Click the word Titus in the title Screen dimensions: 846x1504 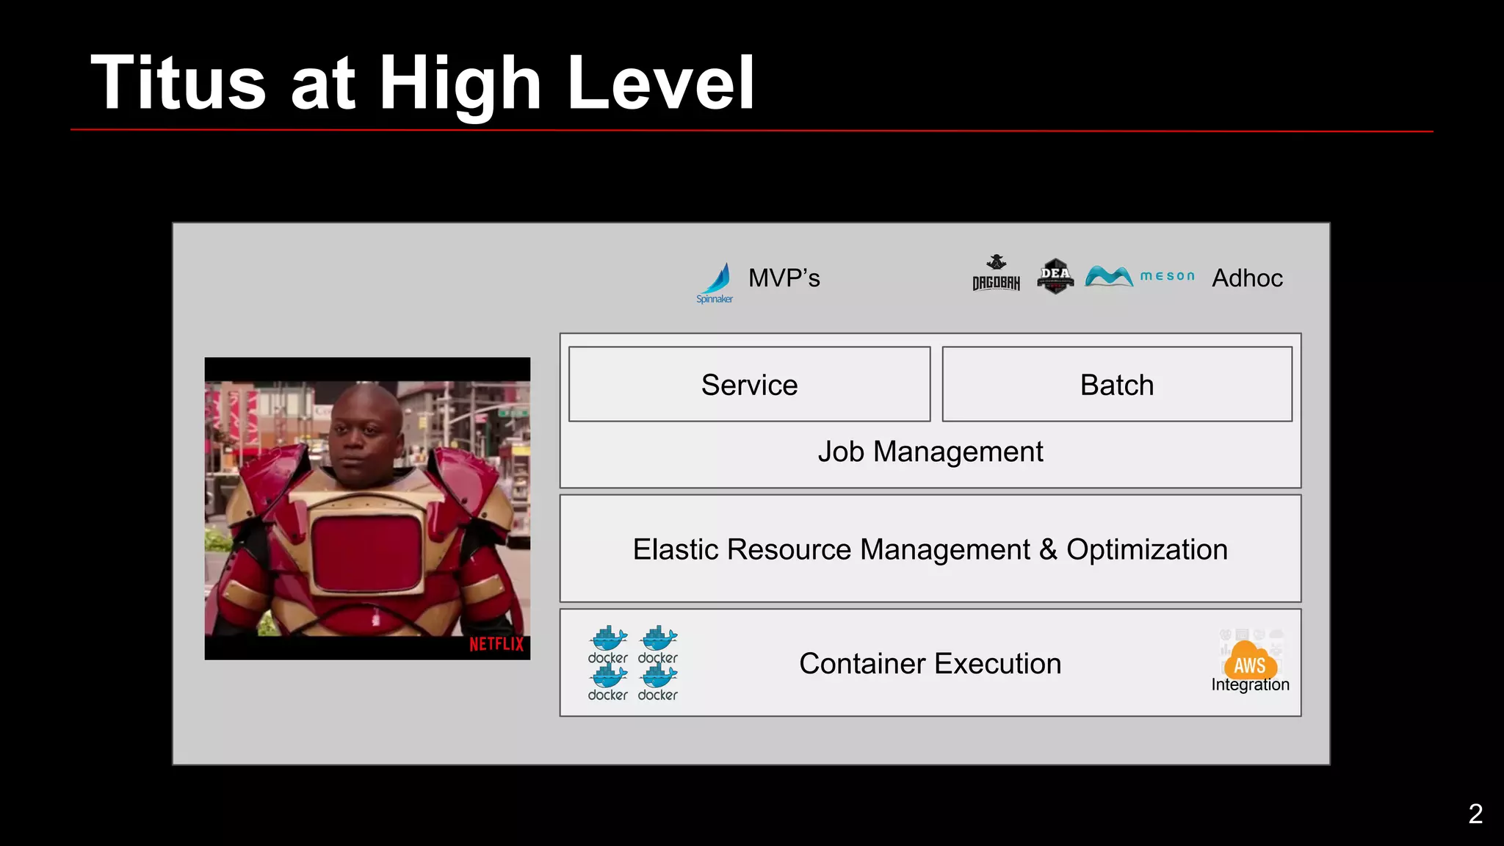(178, 83)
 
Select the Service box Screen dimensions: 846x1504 (749, 384)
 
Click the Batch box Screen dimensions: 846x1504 (1116, 384)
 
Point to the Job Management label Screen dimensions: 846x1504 (930, 452)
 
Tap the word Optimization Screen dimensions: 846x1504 (1146, 549)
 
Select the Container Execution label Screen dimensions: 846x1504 (930, 663)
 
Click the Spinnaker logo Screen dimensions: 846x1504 (715, 282)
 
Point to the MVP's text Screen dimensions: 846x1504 (784, 278)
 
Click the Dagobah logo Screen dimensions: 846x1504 (996, 273)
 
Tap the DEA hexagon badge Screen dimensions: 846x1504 (1055, 275)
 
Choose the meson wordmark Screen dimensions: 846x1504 (1167, 276)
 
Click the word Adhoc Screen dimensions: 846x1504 (1247, 278)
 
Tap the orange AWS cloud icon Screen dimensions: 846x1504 (1250, 661)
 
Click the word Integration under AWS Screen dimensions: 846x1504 (1250, 684)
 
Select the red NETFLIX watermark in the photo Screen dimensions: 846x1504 (496, 644)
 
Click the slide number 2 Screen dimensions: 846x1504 (1475, 814)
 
